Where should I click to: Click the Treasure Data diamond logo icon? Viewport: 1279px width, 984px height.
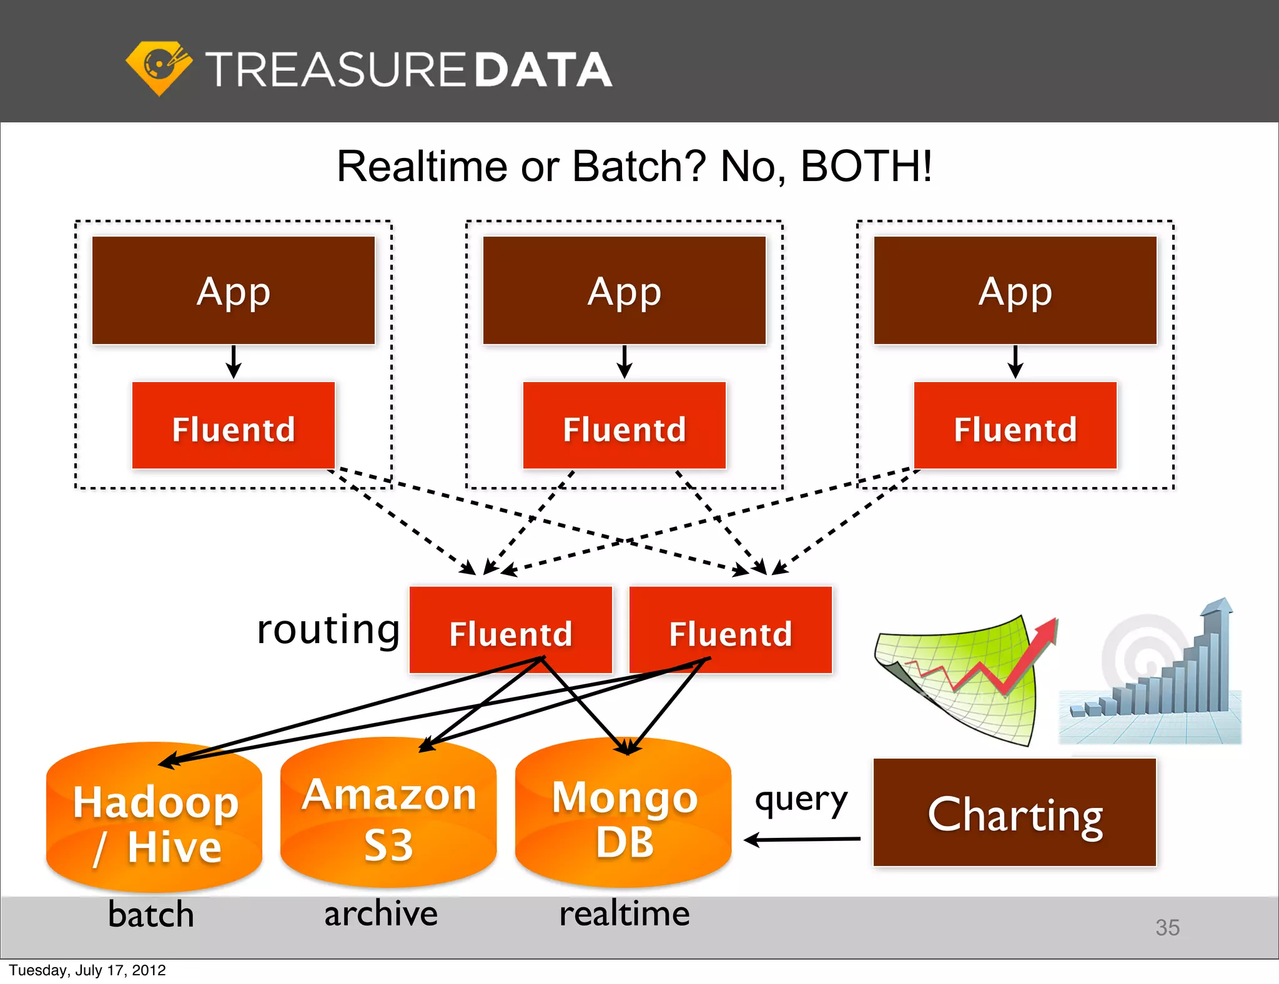pos(159,67)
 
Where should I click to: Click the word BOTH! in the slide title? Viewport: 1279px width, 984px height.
pos(866,167)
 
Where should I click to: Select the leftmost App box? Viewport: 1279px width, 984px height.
pos(234,290)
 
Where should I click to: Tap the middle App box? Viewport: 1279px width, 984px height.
pos(624,290)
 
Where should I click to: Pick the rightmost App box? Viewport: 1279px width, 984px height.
pos(1015,290)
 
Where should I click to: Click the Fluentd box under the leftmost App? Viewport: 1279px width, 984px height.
pos(234,426)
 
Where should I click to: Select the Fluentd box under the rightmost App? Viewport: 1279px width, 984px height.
pos(1015,426)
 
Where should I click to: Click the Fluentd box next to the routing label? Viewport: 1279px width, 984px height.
pos(510,629)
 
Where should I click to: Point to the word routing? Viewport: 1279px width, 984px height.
pos(328,629)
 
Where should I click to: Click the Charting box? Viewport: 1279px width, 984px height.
pos(1014,813)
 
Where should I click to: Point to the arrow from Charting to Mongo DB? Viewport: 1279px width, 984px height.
pos(802,840)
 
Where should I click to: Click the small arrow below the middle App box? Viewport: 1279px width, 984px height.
pos(624,362)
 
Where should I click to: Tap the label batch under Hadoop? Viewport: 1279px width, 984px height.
pos(151,915)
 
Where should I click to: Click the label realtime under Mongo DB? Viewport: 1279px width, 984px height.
pos(624,913)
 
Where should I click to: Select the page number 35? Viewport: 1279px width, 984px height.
pos(1167,928)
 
